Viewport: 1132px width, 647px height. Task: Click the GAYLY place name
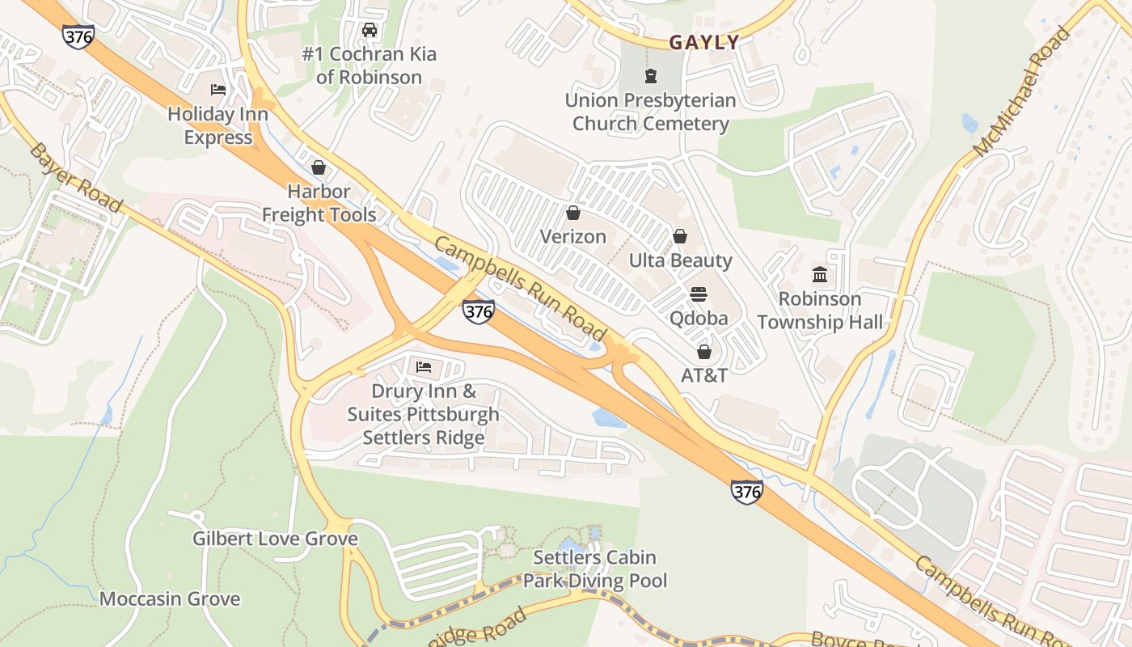point(704,43)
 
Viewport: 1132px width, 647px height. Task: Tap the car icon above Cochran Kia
point(370,31)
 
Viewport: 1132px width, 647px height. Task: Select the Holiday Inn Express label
point(218,125)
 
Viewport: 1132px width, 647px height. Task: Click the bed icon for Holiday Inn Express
point(218,89)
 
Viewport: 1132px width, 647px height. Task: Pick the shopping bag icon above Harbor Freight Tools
point(319,167)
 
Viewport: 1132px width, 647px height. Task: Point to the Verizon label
point(573,236)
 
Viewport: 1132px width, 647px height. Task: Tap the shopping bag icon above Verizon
point(573,213)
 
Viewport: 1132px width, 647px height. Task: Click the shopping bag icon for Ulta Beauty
point(680,236)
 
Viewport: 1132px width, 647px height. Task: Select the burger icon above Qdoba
point(699,294)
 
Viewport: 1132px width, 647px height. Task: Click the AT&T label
point(704,375)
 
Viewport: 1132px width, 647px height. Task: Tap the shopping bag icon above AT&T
point(704,352)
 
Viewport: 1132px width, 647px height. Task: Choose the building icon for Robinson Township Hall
point(820,274)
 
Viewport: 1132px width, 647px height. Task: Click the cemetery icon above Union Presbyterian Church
point(650,77)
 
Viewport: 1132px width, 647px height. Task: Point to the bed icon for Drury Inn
point(424,367)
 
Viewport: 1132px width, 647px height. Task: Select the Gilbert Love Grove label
point(275,539)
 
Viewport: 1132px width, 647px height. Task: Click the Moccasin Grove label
point(170,599)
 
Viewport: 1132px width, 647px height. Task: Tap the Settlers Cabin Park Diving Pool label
point(595,569)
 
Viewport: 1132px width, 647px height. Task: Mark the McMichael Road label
point(1022,92)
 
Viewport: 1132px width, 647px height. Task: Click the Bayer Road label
point(76,178)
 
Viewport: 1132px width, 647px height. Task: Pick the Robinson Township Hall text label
point(820,311)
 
